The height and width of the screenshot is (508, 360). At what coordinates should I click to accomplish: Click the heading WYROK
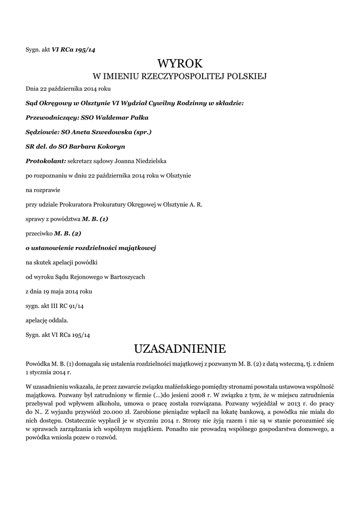click(180, 63)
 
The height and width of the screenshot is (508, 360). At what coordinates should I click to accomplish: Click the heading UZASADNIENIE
click(180, 348)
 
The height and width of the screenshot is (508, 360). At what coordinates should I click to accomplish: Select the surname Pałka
click(137, 118)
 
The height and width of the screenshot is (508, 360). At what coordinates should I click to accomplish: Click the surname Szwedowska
click(114, 132)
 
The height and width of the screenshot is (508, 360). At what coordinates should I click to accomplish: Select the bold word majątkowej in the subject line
click(139, 247)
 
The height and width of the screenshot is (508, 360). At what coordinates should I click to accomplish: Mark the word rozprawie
click(46, 190)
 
